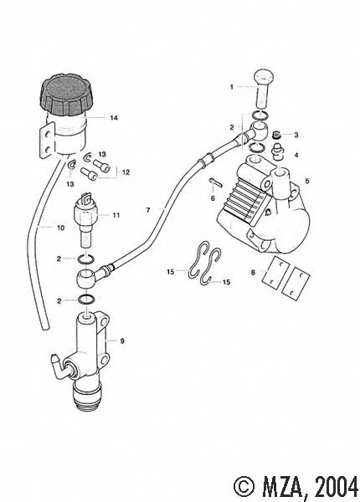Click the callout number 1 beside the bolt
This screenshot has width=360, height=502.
[x=232, y=87]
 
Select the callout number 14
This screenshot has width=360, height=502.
[x=114, y=118]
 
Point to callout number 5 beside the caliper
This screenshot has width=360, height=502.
[x=307, y=181]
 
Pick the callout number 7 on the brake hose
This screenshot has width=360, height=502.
[x=148, y=210]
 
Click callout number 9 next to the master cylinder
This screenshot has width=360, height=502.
[x=122, y=341]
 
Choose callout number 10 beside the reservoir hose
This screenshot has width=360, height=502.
[x=60, y=228]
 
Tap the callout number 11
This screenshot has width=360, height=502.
[x=116, y=215]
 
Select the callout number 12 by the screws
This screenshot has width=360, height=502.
[x=126, y=172]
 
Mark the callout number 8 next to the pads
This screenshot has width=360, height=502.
[x=253, y=273]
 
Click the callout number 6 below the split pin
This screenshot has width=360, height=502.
[x=213, y=198]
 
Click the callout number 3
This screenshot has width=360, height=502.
[x=296, y=135]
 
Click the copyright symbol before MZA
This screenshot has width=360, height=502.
[x=244, y=488]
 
